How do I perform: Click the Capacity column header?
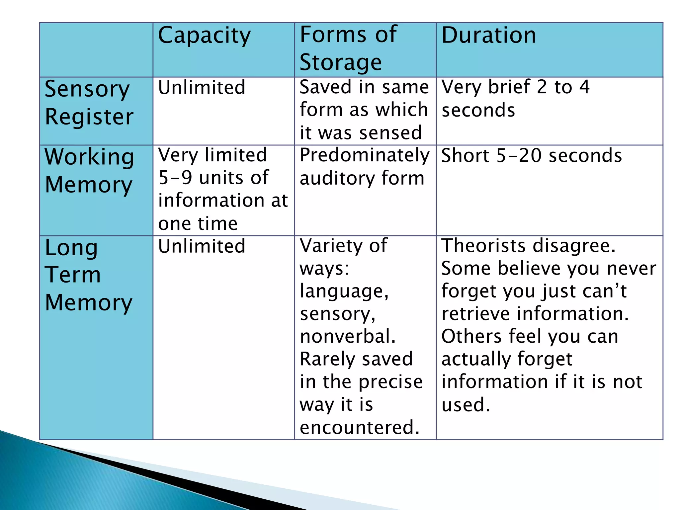(204, 36)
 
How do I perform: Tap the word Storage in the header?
(341, 62)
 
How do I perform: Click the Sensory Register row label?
(89, 103)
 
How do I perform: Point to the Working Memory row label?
(89, 171)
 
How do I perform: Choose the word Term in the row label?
(73, 275)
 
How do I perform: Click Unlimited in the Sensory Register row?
(202, 88)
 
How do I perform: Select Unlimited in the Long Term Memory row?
(202, 246)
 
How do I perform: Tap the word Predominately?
(365, 155)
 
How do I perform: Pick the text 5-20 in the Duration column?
(520, 155)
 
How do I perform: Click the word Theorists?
(483, 246)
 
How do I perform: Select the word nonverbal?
(348, 336)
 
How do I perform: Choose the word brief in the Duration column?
(509, 87)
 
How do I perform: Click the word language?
(344, 292)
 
